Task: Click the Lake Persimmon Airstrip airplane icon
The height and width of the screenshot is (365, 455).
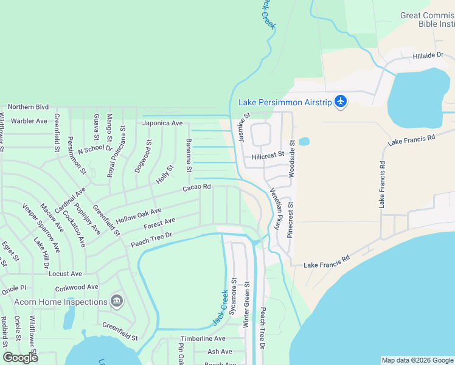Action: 341,102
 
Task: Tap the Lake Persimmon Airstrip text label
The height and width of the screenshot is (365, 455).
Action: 285,102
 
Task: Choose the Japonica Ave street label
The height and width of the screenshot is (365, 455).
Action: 162,123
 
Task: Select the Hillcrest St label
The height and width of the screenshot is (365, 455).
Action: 268,155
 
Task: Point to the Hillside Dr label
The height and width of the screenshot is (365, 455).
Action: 428,55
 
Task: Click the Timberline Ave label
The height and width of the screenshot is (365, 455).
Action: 203,338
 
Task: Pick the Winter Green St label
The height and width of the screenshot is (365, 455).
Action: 247,305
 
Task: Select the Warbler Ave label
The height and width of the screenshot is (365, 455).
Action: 29,121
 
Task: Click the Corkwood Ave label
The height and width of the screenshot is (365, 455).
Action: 76,287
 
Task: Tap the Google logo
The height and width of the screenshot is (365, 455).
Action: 21,358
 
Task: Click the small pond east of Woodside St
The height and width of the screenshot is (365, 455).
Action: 304,142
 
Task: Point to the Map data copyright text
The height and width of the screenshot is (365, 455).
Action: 417,360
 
